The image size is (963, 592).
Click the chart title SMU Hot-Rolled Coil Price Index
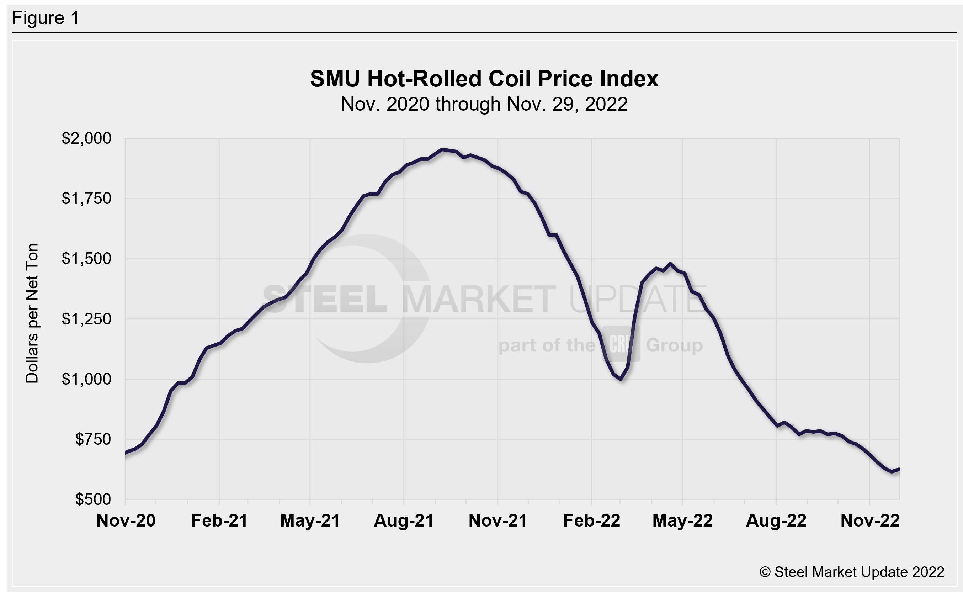pos(484,79)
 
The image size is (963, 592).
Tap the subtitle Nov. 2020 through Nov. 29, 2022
pos(484,104)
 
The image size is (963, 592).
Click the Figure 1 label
pos(46,18)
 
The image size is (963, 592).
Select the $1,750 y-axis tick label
pos(86,199)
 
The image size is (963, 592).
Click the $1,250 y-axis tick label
pos(86,319)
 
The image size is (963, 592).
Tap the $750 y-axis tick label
pos(93,439)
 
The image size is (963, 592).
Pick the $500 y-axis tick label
pos(93,499)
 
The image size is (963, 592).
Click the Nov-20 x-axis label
pos(126,521)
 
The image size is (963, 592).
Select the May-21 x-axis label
pos(310,521)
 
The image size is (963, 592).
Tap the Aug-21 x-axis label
pos(404,521)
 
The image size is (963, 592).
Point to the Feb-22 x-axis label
pos(592,521)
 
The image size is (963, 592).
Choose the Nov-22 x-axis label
pos(870,521)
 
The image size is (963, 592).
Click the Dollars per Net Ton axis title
pos(32,313)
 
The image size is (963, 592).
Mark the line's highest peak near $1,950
pos(442,149)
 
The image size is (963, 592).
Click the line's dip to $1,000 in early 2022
pos(621,379)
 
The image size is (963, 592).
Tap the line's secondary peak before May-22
pos(670,264)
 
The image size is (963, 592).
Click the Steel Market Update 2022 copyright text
pos(852,572)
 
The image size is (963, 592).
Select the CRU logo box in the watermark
pos(621,344)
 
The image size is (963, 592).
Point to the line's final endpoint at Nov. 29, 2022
pos(899,469)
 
